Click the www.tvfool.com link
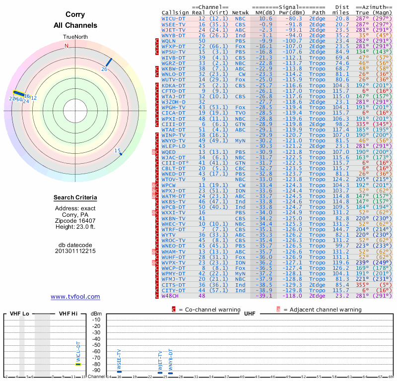75,297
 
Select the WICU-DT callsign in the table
174,18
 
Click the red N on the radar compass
66,46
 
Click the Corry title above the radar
75,15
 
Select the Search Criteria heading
75,198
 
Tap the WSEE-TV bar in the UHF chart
119,372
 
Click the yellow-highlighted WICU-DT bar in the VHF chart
78,364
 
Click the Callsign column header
174,13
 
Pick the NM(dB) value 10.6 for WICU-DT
265,18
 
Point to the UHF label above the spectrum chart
250,314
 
